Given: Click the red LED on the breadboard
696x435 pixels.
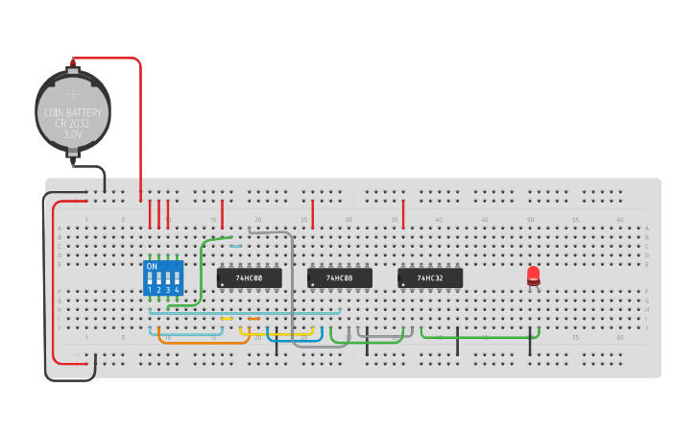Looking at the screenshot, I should click(x=534, y=276).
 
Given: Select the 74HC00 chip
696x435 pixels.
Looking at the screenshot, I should click(x=250, y=278).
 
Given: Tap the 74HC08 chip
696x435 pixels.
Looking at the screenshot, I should click(x=340, y=278).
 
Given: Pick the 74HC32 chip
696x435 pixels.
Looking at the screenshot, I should click(x=430, y=278).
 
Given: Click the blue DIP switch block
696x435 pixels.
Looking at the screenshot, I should click(x=163, y=278).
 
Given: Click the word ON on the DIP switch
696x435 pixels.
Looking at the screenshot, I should click(x=152, y=266).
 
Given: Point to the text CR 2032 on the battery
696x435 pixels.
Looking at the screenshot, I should click(x=73, y=124).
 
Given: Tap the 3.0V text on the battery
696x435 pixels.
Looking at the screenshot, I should click(x=73, y=135).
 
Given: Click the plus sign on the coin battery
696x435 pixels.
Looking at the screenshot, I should click(x=73, y=94).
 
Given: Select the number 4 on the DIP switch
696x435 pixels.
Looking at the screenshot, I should click(x=177, y=289).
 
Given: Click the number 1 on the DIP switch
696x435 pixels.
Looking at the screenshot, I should click(x=150, y=289).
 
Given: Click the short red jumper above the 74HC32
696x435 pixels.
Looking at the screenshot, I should click(x=403, y=213).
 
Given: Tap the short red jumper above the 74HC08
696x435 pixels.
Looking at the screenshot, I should click(x=313, y=213).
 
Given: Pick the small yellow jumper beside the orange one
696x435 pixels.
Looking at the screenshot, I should click(x=227, y=319).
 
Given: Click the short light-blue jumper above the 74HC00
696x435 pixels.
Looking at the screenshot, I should click(x=235, y=246).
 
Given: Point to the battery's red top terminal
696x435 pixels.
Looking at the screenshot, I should click(x=73, y=63).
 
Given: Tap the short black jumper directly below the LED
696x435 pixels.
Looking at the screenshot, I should click(x=529, y=342).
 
